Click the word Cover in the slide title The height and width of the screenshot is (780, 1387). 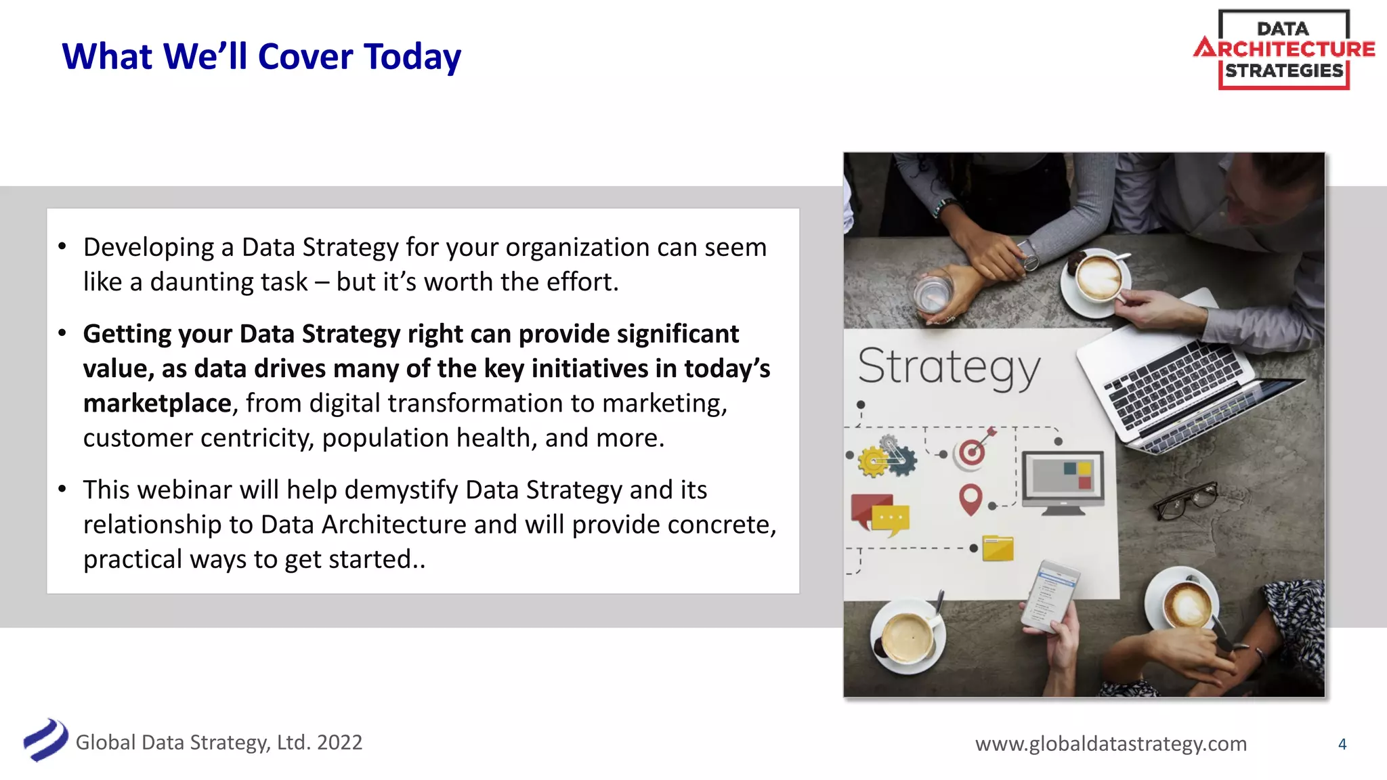pyautogui.click(x=305, y=57)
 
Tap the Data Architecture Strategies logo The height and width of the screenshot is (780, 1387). pyautogui.click(x=1283, y=49)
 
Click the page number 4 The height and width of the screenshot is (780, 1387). pyautogui.click(x=1342, y=744)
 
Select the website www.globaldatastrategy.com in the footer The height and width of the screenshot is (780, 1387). pyautogui.click(x=1111, y=743)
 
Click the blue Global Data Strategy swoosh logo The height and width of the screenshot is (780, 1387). pyautogui.click(x=45, y=740)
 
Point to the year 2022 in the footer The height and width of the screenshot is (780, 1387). pyautogui.click(x=339, y=742)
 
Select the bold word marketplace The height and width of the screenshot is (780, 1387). pyautogui.click(x=157, y=404)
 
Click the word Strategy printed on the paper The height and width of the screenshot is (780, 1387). pyautogui.click(x=948, y=368)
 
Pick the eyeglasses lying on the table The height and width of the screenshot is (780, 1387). pyautogui.click(x=1185, y=500)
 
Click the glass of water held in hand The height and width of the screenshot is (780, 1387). pyautogui.click(x=934, y=295)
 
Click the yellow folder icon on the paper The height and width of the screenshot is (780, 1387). pyautogui.click(x=998, y=548)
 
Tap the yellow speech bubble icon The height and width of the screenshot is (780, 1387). pyautogui.click(x=891, y=519)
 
